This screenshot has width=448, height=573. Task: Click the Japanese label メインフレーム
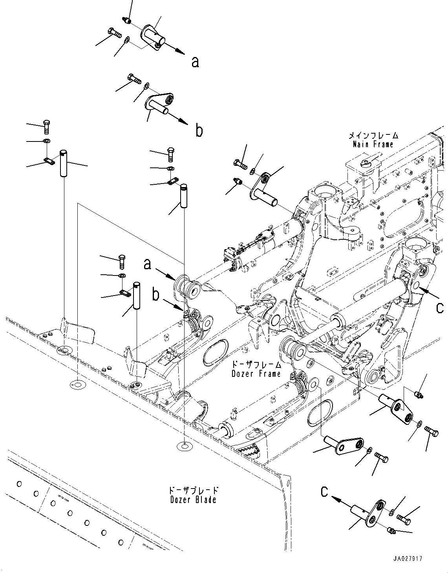click(x=373, y=136)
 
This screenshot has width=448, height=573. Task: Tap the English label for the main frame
click(x=373, y=144)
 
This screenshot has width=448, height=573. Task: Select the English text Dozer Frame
click(x=256, y=373)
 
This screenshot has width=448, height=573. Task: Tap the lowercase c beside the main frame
click(x=440, y=308)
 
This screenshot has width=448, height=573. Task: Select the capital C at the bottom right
click(x=324, y=492)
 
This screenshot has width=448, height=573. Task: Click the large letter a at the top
click(x=195, y=62)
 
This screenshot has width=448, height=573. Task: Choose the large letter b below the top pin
click(x=199, y=130)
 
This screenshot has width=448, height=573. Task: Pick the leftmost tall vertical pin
click(x=63, y=163)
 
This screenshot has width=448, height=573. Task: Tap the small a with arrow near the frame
click(x=147, y=264)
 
